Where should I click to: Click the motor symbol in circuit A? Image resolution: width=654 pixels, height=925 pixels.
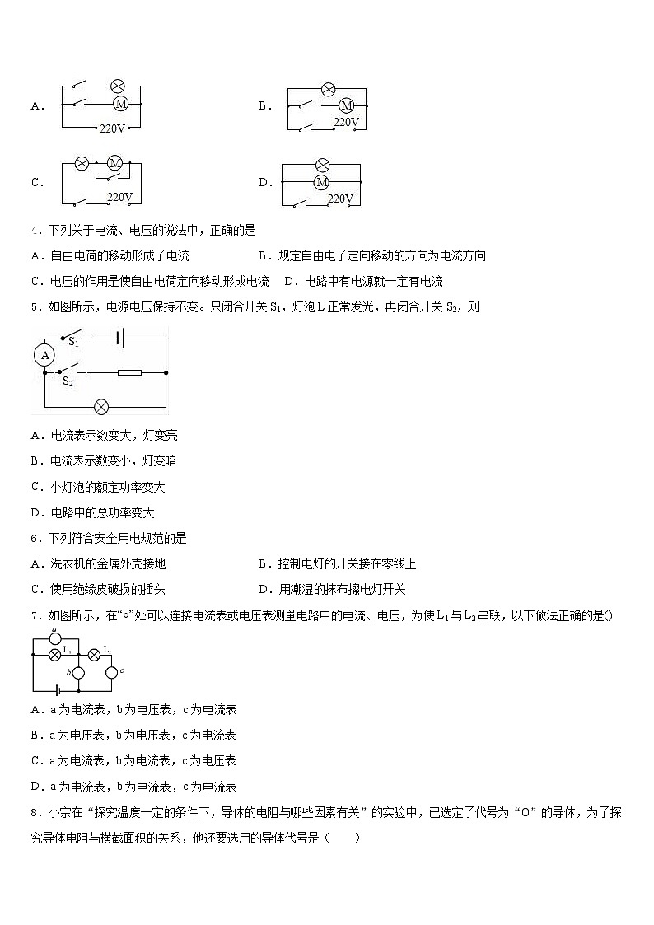pyautogui.click(x=120, y=104)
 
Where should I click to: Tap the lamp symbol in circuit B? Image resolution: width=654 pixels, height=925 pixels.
pyautogui.click(x=327, y=89)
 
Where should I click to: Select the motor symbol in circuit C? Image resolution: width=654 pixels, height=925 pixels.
pyautogui.click(x=115, y=163)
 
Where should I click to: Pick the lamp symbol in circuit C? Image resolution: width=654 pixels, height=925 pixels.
pyautogui.click(x=82, y=163)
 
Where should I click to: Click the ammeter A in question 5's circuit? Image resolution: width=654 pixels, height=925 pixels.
pyautogui.click(x=46, y=355)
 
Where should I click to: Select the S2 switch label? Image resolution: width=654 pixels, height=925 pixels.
pyautogui.click(x=68, y=381)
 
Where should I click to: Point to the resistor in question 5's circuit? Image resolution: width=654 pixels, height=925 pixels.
pyautogui.click(x=129, y=372)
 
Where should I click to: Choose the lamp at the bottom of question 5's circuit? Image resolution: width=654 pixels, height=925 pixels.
pyautogui.click(x=101, y=406)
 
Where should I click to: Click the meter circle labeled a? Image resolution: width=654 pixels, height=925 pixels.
pyautogui.click(x=55, y=637)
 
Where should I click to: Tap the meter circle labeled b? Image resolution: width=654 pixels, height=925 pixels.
pyautogui.click(x=79, y=673)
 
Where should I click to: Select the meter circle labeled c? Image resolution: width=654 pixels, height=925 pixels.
pyautogui.click(x=111, y=673)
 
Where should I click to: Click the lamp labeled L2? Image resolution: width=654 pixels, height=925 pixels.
pyautogui.click(x=94, y=653)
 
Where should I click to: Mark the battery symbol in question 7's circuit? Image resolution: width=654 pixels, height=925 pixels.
pyautogui.click(x=58, y=690)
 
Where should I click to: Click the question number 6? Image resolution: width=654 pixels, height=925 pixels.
pyautogui.click(x=35, y=538)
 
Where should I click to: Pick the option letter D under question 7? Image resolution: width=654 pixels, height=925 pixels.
pyautogui.click(x=35, y=787)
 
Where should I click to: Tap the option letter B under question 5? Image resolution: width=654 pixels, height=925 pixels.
pyautogui.click(x=35, y=461)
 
